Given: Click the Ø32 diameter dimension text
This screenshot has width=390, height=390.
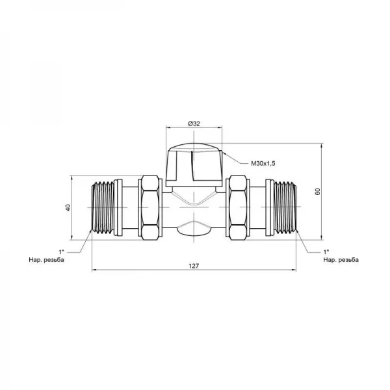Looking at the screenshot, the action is tap(194, 123).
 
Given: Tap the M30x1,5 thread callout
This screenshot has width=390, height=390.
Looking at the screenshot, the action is tap(263, 163).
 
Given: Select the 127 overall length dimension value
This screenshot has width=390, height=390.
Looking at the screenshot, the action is tap(194, 266).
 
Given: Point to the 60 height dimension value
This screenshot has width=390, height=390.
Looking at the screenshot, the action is tap(318, 192).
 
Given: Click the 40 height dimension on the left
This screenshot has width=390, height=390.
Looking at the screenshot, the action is tap(68, 207).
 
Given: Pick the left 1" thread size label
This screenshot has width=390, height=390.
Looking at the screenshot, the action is tap(62, 252).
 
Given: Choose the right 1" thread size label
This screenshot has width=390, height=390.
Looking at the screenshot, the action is tap(326, 252).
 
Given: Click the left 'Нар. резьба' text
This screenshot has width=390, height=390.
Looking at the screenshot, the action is tap(47, 260).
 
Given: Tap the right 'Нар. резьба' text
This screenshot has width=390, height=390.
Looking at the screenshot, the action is tap(341, 260).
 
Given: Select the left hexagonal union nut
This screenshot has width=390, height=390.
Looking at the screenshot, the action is tap(150, 207).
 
